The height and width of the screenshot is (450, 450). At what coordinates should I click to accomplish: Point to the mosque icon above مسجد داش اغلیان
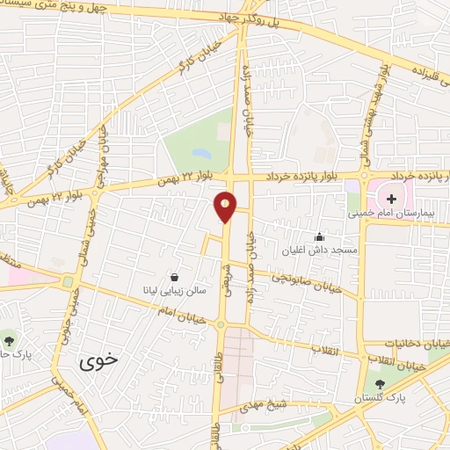(318, 236)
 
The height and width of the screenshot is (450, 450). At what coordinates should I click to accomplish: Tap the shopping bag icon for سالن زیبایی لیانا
(175, 276)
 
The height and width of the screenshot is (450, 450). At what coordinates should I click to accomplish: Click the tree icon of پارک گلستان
(380, 383)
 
